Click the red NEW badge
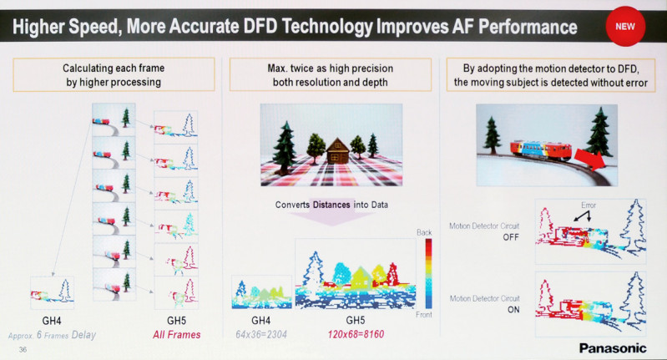pos(625,27)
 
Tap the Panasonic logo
pos(613,348)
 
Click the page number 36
pos(23,349)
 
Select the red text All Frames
pos(176,335)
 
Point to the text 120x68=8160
pos(356,334)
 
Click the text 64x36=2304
pos(261,334)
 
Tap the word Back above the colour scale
pos(424,232)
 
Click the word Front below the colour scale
pos(424,314)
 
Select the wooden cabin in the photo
pos(337,150)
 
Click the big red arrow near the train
pos(589,160)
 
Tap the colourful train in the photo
pos(541,150)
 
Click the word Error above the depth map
pos(589,205)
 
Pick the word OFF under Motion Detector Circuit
pos(511,237)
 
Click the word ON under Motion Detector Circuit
pos(513,310)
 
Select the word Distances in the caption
pos(331,205)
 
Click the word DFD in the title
pos(260,27)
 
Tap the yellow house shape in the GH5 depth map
pos(361,276)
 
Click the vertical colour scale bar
pos(429,273)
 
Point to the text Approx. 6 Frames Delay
pos(52,335)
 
